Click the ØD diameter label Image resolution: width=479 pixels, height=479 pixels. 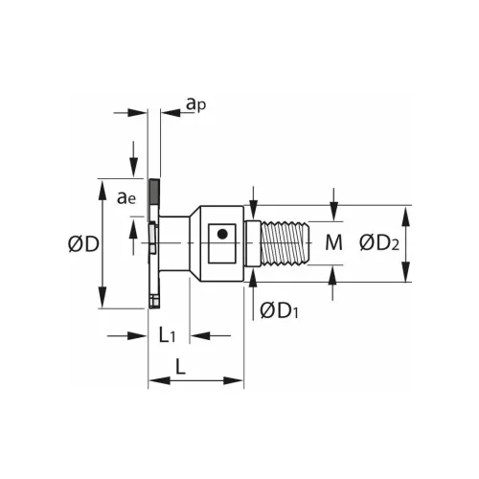click(83, 244)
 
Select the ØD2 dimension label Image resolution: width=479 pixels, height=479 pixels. click(380, 243)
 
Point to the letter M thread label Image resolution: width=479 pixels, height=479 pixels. click(332, 242)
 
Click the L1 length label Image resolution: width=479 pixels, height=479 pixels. click(167, 335)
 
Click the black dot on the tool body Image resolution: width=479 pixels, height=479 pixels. click(222, 233)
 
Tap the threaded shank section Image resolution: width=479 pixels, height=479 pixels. click(284, 243)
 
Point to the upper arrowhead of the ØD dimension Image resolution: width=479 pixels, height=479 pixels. click(103, 184)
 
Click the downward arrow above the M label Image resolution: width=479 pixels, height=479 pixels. click(332, 216)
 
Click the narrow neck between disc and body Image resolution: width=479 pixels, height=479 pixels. click(173, 243)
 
